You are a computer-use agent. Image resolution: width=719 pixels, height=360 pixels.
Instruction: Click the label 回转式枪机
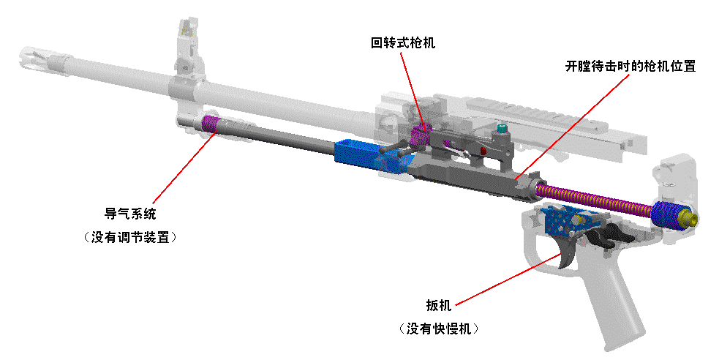[402, 43]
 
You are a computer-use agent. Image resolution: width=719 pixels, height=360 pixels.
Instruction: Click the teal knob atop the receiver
[502, 129]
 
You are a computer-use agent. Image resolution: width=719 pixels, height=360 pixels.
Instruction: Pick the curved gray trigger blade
[567, 252]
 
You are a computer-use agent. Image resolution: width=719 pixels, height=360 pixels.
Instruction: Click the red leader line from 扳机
[505, 279]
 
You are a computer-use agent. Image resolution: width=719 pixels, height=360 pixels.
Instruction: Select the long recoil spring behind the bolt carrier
[592, 199]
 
